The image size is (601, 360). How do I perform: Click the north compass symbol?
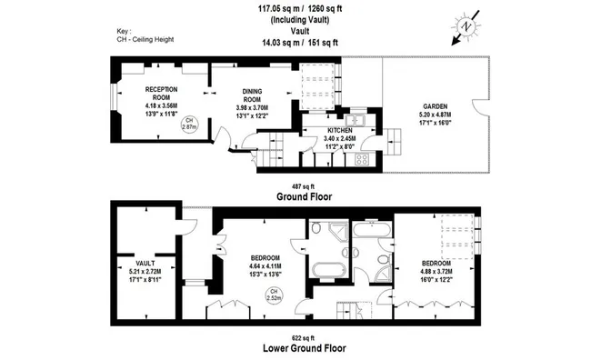coord(466,27)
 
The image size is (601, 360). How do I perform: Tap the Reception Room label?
coord(161,93)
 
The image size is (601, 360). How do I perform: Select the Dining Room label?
coord(252,95)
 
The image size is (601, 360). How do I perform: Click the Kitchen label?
coord(339,131)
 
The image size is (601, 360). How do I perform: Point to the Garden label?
coord(435,106)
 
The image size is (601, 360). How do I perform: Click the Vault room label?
coord(145,264)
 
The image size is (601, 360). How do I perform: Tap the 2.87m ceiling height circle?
coord(189,124)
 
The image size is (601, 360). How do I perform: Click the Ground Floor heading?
coord(305,196)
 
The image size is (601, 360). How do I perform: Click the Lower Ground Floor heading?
coord(305,348)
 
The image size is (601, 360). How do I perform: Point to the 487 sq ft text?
coord(303,186)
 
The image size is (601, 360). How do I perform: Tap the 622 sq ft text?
coord(303,338)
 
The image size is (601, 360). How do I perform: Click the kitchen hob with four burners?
coord(362,159)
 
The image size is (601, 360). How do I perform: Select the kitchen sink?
coord(356,120)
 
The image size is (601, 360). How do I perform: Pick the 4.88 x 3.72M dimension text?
coord(436,272)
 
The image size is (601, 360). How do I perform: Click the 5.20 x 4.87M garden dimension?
coord(435,115)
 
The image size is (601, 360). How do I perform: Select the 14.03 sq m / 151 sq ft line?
coord(300,43)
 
